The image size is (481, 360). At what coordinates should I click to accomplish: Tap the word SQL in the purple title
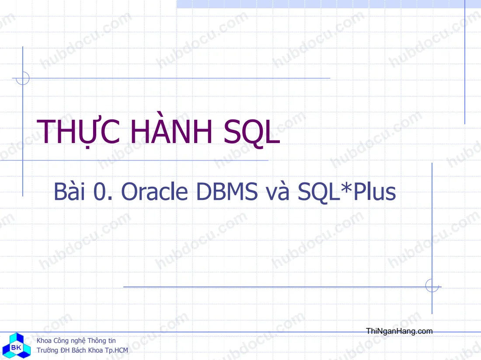pos(252,132)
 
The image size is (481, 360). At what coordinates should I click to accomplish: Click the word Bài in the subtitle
pos(70,191)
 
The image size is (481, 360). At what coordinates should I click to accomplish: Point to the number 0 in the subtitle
pos(99,192)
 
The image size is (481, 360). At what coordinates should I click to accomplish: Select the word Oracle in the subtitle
pos(155,192)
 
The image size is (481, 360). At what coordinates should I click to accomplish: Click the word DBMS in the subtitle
pos(227,192)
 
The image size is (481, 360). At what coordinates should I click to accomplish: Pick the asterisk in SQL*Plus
pos(347,187)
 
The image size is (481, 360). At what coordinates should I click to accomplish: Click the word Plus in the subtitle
pos(375,192)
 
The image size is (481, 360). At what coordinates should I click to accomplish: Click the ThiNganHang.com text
pos(399,331)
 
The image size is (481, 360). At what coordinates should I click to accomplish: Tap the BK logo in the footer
pos(17,346)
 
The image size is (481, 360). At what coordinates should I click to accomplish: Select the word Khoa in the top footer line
pos(44,341)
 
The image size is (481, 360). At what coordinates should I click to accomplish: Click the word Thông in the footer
pos(97,341)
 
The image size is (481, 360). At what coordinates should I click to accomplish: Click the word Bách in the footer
pos(79,350)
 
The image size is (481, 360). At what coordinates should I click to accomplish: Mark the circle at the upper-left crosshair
pos(23,78)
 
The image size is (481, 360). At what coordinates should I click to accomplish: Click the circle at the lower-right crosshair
pos(432,286)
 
